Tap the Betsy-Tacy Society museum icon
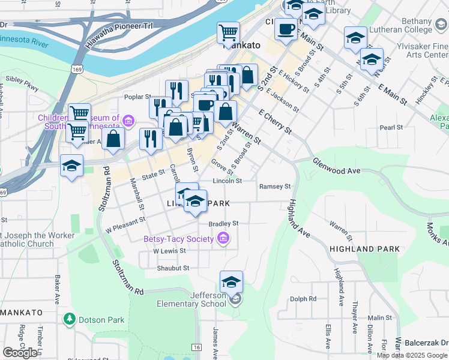pyautogui.click(x=224, y=239)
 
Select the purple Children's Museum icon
pyautogui.click(x=127, y=122)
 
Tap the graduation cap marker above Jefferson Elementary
pyautogui.click(x=231, y=281)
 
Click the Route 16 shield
pyautogui.click(x=196, y=347)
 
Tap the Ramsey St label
pyautogui.click(x=274, y=187)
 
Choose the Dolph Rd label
pyautogui.click(x=303, y=299)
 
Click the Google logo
pyautogui.click(x=20, y=352)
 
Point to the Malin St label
pyautogui.click(x=379, y=318)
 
